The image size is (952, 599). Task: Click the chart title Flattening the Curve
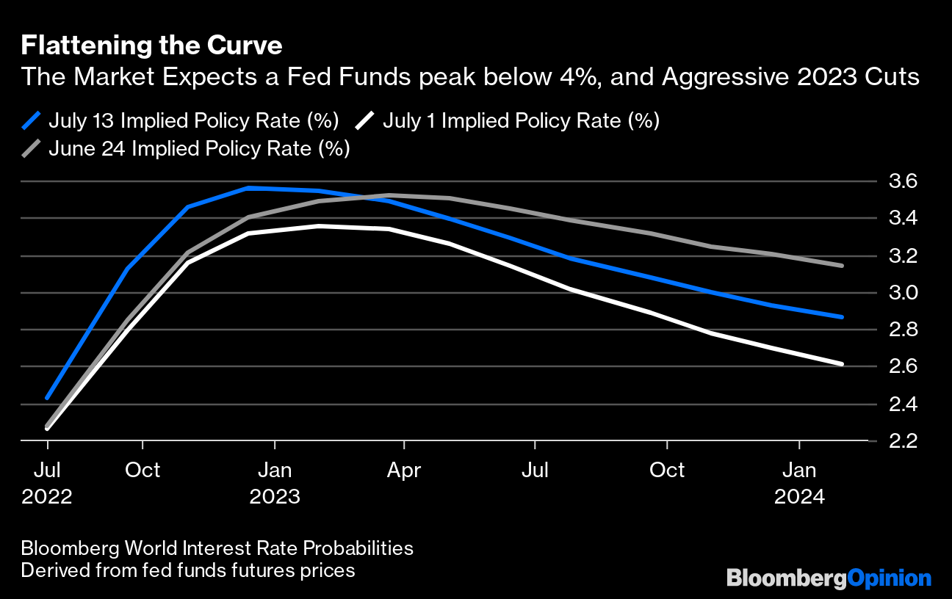tap(151, 46)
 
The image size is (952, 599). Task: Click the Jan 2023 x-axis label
tap(275, 483)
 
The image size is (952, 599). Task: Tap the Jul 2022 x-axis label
tap(47, 483)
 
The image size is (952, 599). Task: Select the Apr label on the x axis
tap(404, 470)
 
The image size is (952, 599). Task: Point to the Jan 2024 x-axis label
tap(799, 483)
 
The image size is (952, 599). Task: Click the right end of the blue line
tap(842, 317)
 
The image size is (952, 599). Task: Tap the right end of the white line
tap(842, 363)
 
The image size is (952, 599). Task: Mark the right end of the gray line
tap(842, 266)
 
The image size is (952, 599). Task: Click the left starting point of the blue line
tap(47, 398)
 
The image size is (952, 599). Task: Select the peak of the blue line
tap(248, 188)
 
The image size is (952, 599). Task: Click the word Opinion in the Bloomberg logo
tap(890, 578)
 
